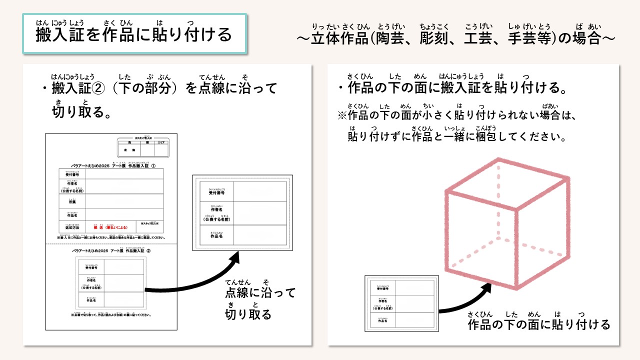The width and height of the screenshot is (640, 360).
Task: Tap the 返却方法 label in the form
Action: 71,226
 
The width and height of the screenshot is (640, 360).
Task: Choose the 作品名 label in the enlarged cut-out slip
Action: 216,235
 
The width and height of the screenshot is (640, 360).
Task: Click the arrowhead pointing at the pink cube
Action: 487,287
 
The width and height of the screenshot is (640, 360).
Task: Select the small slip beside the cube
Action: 401,303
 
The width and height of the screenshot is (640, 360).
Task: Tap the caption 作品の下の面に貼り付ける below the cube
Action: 539,325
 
